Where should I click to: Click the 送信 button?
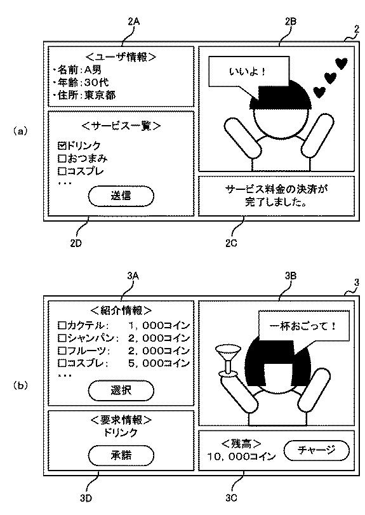click(121, 196)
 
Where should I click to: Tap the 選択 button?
click(121, 391)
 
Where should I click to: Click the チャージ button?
click(316, 450)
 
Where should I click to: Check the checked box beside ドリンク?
click(62, 145)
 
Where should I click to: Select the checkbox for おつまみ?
click(62, 158)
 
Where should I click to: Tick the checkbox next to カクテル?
click(62, 326)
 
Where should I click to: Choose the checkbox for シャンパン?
click(62, 338)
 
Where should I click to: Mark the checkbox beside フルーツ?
click(62, 351)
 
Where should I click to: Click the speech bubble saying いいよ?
click(249, 72)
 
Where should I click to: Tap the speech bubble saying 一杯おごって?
click(303, 326)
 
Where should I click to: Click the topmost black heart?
click(341, 64)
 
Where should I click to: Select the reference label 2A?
click(133, 22)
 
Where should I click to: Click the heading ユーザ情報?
click(121, 57)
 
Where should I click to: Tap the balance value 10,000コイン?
click(241, 457)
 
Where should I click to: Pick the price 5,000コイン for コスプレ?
click(159, 363)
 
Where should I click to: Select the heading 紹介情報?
click(121, 311)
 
